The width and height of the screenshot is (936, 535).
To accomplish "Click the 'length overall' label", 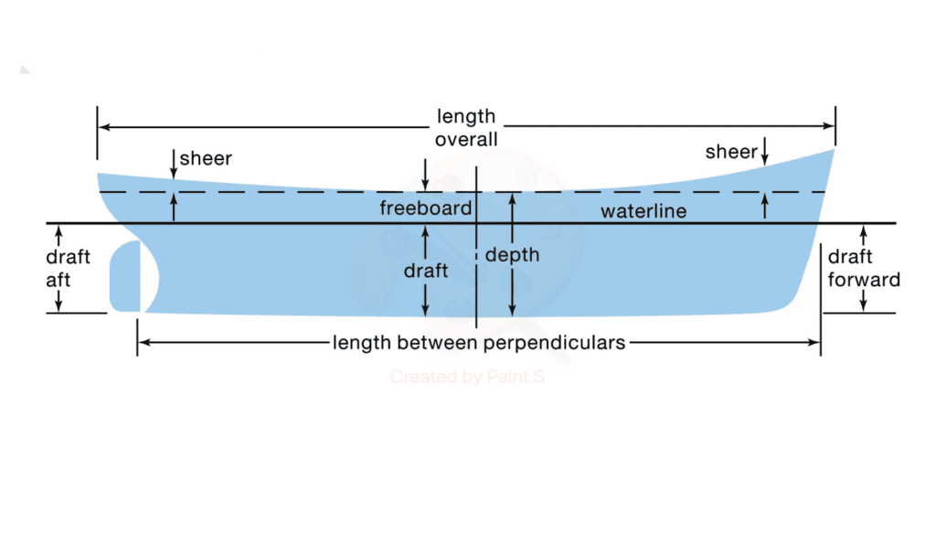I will (466, 128).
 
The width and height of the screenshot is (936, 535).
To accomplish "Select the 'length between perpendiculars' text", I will (479, 343).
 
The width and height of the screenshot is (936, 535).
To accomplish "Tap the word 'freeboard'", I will (425, 209).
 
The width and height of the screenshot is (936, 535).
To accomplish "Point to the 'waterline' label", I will (643, 212).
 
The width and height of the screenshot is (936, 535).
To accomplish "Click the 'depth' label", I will (512, 255).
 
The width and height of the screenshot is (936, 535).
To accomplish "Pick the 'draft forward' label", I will (864, 269).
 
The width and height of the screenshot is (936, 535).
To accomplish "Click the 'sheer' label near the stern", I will (206, 158).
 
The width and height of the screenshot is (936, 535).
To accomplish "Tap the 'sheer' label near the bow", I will (730, 152).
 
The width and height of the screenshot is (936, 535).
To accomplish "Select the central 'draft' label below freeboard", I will (426, 271).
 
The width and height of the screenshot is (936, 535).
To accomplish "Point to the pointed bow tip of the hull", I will (833, 151).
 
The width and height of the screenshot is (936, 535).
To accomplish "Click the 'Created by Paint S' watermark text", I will (467, 376).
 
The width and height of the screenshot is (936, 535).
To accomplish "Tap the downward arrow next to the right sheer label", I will (764, 156).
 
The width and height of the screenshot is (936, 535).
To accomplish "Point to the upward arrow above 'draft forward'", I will (864, 234).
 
